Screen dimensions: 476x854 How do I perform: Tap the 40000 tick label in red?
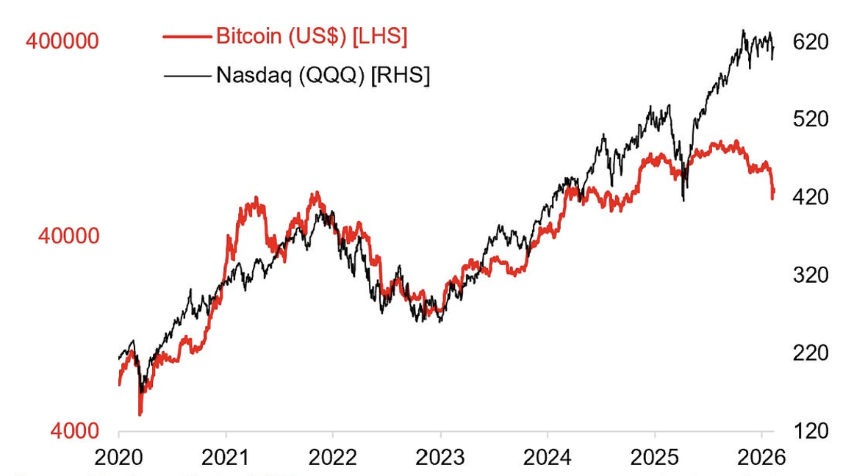pyautogui.click(x=68, y=237)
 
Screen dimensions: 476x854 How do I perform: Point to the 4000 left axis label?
pyautogui.click(x=75, y=431)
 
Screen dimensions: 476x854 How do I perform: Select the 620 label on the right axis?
pyautogui.click(x=811, y=42)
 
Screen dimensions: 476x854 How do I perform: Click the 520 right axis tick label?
pyautogui.click(x=811, y=120)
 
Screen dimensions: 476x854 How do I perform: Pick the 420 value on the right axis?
pyautogui.click(x=811, y=198)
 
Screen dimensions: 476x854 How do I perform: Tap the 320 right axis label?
pyautogui.click(x=811, y=275)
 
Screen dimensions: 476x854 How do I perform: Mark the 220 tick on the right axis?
pyautogui.click(x=811, y=353)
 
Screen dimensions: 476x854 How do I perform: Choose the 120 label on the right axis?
pyautogui.click(x=811, y=431)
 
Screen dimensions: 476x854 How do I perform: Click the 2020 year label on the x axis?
pyautogui.click(x=119, y=457)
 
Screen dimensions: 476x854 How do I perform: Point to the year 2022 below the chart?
pyautogui.click(x=332, y=457)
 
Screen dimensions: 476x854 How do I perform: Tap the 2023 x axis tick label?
pyautogui.click(x=439, y=457)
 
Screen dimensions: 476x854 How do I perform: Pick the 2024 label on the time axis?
pyautogui.click(x=548, y=457)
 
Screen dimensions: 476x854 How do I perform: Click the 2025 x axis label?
pyautogui.click(x=654, y=457)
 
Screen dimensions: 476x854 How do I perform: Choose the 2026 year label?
pyautogui.click(x=761, y=457)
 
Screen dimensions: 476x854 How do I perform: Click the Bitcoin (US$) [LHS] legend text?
pyautogui.click(x=312, y=37)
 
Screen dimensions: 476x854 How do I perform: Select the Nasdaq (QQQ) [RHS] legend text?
pyautogui.click(x=323, y=74)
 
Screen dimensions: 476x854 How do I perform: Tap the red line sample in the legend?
pyautogui.click(x=187, y=37)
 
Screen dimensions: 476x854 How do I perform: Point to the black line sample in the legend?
pyautogui.click(x=187, y=75)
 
